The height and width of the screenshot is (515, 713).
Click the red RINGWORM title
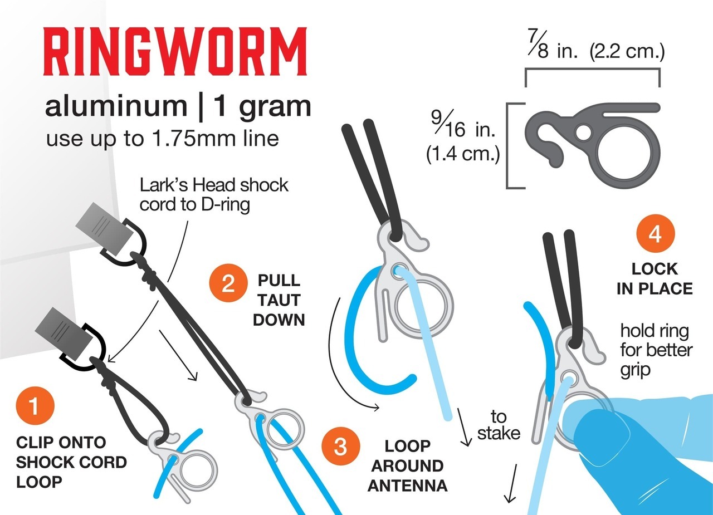pyautogui.click(x=175, y=51)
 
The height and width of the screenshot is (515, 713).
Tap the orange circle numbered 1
pyautogui.click(x=35, y=405)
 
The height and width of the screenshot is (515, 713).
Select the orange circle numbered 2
pyautogui.click(x=228, y=283)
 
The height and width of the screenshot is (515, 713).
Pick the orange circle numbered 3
pyautogui.click(x=340, y=446)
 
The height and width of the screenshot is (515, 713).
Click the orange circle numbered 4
pyautogui.click(x=656, y=233)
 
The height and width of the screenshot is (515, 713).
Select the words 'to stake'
pyautogui.click(x=499, y=425)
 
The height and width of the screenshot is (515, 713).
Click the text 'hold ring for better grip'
pyautogui.click(x=656, y=350)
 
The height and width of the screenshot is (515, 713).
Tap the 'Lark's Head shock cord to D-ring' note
pyautogui.click(x=213, y=194)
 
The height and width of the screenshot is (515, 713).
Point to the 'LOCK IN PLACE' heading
pyautogui.click(x=655, y=279)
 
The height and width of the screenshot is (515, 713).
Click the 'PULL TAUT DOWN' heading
pyautogui.click(x=279, y=300)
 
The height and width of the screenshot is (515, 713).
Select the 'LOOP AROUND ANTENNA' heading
pyautogui.click(x=407, y=465)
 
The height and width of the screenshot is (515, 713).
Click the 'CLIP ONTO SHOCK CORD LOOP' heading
pyautogui.click(x=71, y=462)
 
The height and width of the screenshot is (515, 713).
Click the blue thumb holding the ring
pyautogui.click(x=605, y=458)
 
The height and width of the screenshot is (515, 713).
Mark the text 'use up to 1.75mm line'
pyautogui.click(x=162, y=139)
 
